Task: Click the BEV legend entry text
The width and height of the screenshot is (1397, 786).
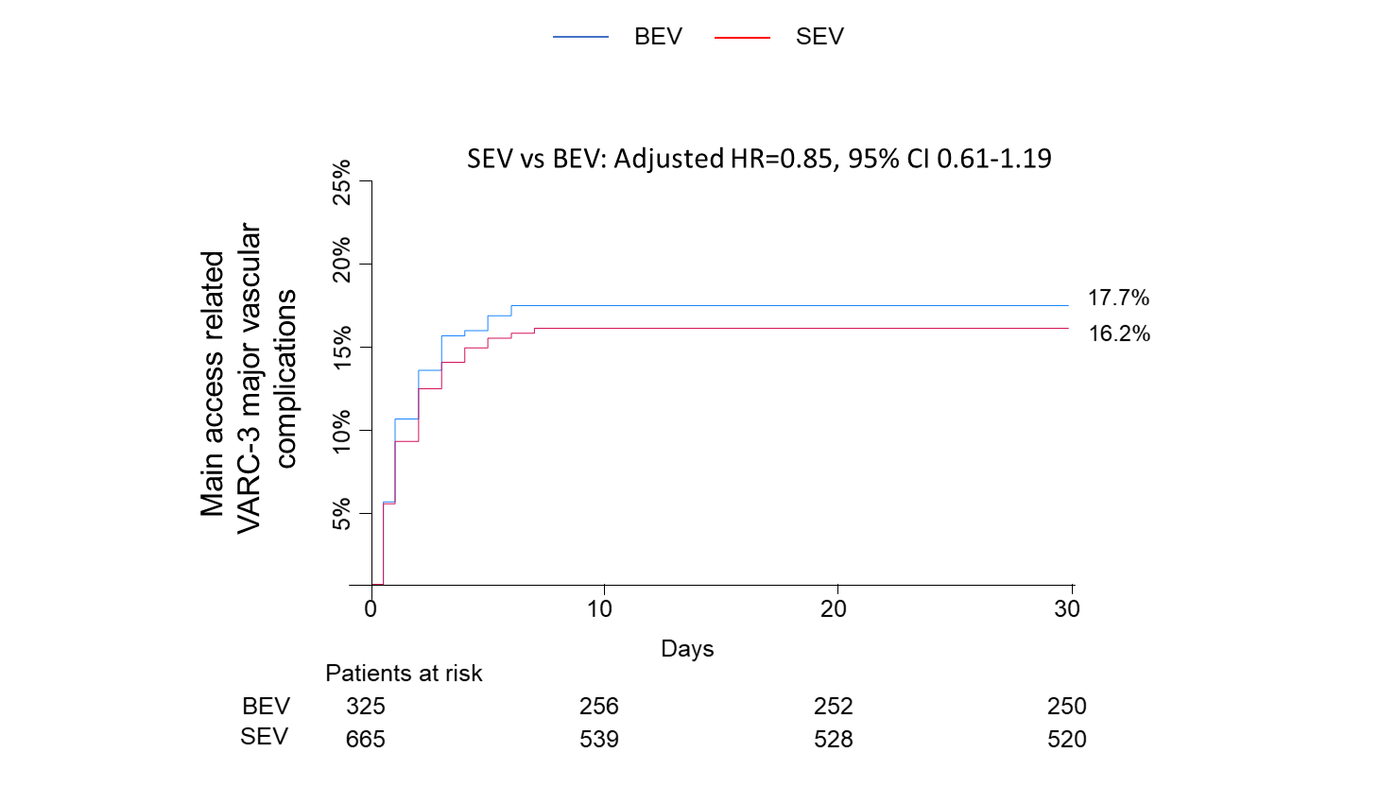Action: point(658,37)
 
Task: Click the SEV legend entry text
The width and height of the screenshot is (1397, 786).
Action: point(819,37)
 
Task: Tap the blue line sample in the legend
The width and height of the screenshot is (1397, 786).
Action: point(580,37)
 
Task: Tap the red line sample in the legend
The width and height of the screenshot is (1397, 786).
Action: point(742,37)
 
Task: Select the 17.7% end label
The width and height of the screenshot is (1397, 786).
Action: point(1118,299)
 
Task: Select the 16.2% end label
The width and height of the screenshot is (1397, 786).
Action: point(1119,333)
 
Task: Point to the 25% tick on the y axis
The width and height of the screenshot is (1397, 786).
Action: point(341,181)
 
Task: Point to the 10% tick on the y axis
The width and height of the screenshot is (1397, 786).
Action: point(341,431)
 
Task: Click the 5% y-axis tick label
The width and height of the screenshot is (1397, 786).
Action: point(341,514)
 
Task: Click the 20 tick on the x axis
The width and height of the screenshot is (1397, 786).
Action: point(833,609)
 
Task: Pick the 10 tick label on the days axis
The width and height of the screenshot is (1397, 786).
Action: point(599,609)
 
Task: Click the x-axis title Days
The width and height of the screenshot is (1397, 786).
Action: point(687,649)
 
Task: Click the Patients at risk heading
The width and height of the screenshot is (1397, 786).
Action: point(404,674)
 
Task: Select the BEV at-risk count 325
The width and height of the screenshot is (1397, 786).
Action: point(365,707)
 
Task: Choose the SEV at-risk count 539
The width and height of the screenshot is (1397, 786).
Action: point(598,739)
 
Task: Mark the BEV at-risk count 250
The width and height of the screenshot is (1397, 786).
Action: point(1066,707)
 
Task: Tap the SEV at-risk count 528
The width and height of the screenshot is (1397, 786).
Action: point(833,739)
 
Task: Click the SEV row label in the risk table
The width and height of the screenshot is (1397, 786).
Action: point(264,737)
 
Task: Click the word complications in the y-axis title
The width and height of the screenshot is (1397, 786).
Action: point(285,378)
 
